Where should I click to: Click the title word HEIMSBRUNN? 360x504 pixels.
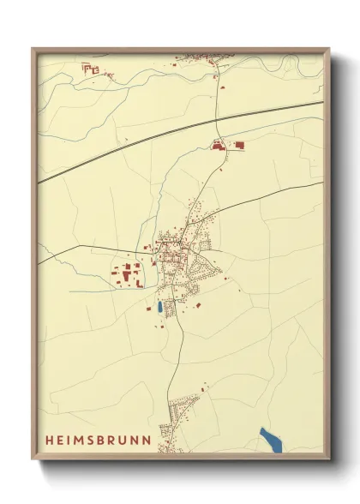coord(99,440)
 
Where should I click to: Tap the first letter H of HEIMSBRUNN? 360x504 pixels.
coord(48,440)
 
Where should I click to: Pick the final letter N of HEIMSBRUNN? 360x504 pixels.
coord(149,440)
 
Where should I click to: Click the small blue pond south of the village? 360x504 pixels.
coord(159,306)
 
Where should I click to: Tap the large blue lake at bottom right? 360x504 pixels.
coord(272,439)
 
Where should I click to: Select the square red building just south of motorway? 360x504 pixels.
coord(239,146)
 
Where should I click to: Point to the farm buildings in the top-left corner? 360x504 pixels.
coord(92,69)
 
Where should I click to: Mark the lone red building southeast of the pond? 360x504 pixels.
coord(198,304)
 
